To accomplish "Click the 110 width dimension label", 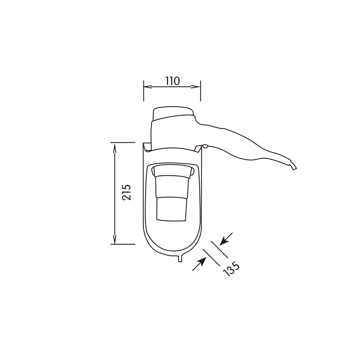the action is click(x=172, y=81).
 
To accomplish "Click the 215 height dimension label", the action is click(x=127, y=192).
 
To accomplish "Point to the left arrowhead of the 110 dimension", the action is click(x=148, y=87).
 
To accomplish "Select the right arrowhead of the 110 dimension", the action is click(x=196, y=87).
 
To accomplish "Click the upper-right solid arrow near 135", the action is click(x=226, y=239).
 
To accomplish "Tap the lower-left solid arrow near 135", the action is click(x=199, y=264).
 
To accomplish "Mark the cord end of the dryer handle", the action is click(x=293, y=166).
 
